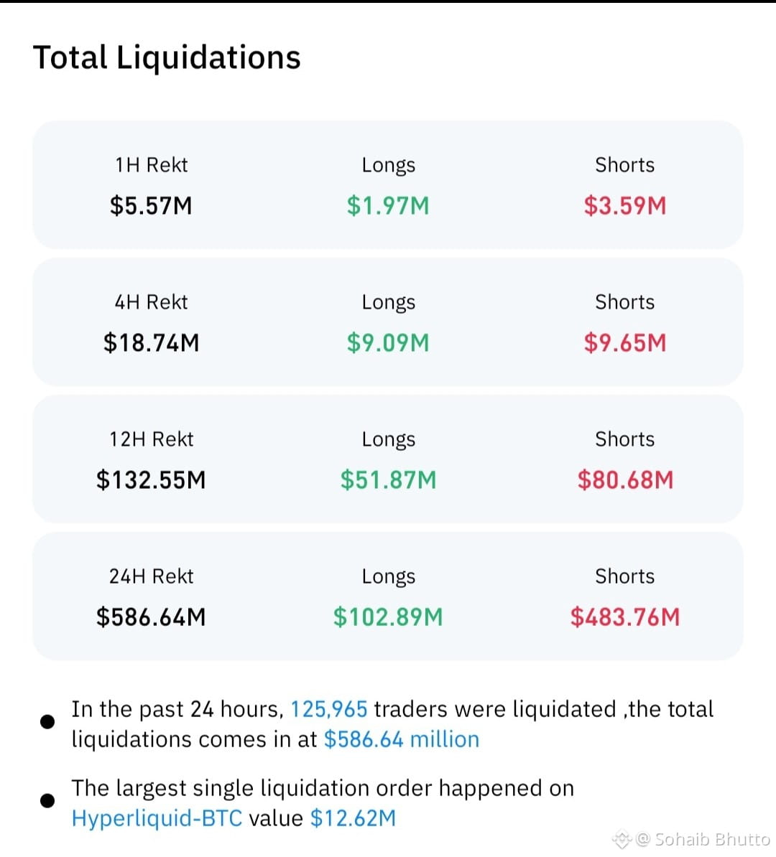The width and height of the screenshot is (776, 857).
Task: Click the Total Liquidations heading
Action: coord(167,57)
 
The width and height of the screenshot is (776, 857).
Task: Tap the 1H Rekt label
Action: coord(151,164)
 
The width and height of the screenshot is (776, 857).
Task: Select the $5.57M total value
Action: coord(151,206)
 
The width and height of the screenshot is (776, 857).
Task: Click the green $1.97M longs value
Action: coord(388,206)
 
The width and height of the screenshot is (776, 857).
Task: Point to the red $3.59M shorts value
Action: coord(625,206)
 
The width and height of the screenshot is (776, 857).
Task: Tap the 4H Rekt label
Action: coord(151,301)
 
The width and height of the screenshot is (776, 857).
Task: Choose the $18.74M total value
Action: coord(151,343)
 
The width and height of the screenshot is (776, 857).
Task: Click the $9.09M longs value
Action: coord(388,343)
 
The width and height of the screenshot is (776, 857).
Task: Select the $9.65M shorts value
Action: coord(625,343)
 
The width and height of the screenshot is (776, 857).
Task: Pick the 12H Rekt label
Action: coord(151,439)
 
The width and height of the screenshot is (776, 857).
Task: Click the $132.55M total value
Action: coord(151,480)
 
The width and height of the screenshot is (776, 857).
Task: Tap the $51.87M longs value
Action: coord(388,480)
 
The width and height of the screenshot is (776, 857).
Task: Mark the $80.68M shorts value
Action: coord(625,480)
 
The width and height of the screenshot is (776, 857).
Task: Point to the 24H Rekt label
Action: coord(151,576)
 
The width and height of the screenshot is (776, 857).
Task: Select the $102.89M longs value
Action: coord(388,617)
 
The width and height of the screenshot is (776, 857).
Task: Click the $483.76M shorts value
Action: coord(625,617)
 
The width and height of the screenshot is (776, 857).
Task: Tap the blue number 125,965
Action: coord(329,709)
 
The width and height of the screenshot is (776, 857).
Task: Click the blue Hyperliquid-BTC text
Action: coord(157,819)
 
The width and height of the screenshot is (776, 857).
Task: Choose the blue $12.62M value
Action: coord(353,819)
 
